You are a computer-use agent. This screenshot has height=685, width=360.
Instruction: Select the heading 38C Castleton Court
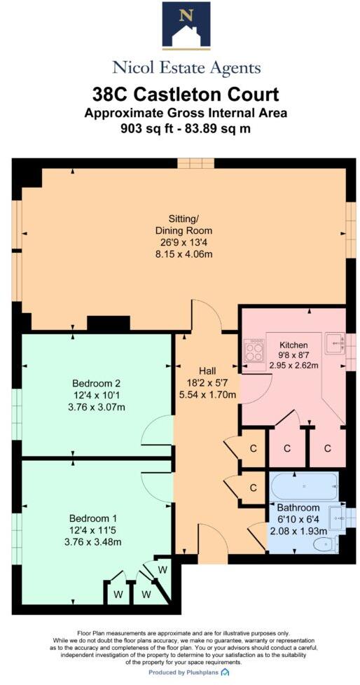186,95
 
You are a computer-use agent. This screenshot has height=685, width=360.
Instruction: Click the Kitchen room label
293,345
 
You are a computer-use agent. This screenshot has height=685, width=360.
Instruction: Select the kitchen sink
335,342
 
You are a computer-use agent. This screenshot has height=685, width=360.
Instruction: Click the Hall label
206,370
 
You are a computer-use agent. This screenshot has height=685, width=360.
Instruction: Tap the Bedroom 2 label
97,383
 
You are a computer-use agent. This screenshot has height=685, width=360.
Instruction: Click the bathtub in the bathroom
304,485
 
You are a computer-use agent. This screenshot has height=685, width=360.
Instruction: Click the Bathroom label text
298,508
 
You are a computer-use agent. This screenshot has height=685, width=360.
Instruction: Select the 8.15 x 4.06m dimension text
184,254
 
